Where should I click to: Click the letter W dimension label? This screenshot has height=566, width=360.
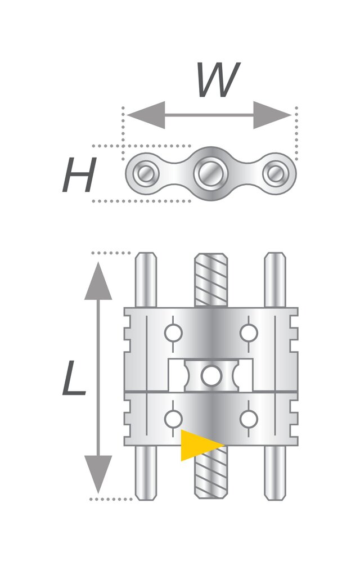pos(218,80)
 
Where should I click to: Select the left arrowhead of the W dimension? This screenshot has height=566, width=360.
pos(146,115)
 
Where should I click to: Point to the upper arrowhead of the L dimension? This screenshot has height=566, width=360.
pos(98,281)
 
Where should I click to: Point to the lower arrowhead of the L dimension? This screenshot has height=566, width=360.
pos(98,474)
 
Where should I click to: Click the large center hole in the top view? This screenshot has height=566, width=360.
pos(211,173)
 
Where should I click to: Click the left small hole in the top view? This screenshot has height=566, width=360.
pos(146,173)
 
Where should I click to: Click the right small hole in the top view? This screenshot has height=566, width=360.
pos(276,173)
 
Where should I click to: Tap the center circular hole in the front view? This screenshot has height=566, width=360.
pos(211,376)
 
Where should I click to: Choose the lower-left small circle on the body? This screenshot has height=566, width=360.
pos(173,419)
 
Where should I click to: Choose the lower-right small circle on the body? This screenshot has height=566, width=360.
pos(249,419)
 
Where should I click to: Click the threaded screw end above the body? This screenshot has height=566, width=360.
pos(211,280)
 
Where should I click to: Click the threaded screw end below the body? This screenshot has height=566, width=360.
pos(211,472)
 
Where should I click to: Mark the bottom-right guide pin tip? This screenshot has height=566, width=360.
pos(275,497)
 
